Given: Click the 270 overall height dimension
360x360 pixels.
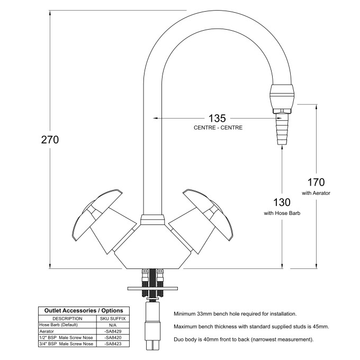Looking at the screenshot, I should click(x=49, y=140).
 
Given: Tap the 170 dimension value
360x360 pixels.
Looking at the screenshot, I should click(x=316, y=183).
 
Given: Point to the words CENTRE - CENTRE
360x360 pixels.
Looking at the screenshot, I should click(x=218, y=128).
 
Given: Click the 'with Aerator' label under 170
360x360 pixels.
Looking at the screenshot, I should click(x=316, y=193).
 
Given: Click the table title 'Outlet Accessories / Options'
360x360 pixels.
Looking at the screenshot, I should click(x=83, y=311).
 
